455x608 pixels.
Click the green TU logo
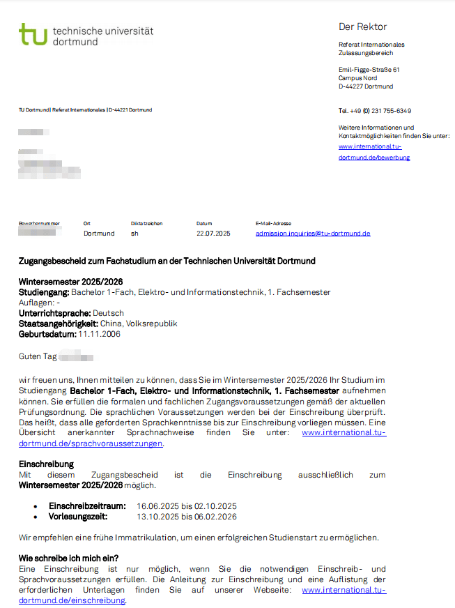(33, 34)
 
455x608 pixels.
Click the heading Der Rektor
(362, 27)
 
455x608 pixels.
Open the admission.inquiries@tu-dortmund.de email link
(313, 234)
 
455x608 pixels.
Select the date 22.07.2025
(213, 234)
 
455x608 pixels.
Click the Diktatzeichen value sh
(134, 234)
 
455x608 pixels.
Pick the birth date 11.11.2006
(99, 334)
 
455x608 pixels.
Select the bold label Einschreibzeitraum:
(87, 506)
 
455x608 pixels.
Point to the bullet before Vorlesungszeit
(36, 517)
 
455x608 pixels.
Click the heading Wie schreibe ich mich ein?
(68, 558)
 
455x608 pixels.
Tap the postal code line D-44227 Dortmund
(366, 86)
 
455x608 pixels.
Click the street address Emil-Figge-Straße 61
(369, 70)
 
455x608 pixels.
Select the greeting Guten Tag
(38, 356)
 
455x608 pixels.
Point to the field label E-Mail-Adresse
(273, 224)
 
